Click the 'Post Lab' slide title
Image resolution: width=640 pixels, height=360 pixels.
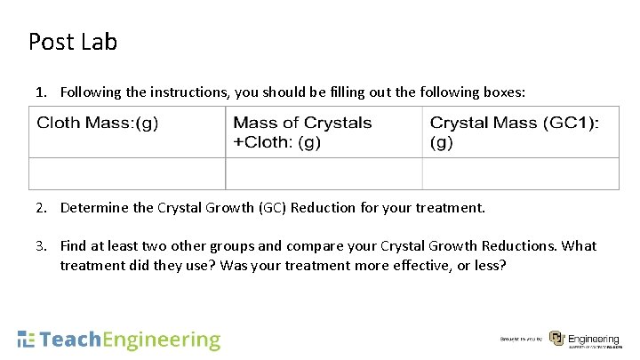click(x=73, y=42)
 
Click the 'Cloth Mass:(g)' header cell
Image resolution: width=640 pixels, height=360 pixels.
click(x=98, y=124)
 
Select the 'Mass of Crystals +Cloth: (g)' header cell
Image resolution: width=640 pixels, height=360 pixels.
click(x=302, y=132)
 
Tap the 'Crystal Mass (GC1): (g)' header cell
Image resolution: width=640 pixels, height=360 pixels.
click(x=514, y=132)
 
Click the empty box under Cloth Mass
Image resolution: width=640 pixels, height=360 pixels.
click(x=127, y=173)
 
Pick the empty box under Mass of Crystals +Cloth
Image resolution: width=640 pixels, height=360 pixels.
click(x=324, y=173)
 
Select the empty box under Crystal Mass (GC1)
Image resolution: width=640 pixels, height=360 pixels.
click(x=520, y=173)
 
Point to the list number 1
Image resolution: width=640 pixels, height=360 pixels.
click(x=40, y=91)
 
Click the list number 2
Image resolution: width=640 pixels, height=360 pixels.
click(x=40, y=208)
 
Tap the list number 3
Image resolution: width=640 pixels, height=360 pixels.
click(x=40, y=245)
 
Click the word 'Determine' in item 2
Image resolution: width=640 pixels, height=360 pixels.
click(x=92, y=208)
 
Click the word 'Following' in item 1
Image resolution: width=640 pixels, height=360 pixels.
click(x=91, y=91)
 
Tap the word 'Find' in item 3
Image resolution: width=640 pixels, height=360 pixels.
click(x=75, y=245)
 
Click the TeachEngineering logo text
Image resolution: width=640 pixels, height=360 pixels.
click(x=131, y=340)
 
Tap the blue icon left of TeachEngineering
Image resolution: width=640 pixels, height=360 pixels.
click(x=27, y=339)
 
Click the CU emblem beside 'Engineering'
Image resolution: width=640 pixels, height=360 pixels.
click(x=556, y=339)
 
